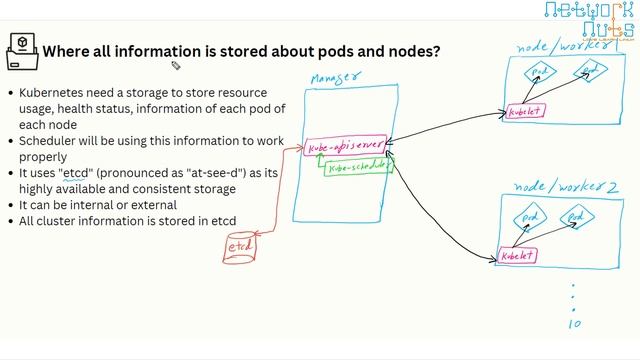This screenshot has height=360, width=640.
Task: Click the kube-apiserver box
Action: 344,147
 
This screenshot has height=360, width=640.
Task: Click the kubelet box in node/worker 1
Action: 526,111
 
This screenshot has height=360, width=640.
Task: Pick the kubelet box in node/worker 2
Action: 517,256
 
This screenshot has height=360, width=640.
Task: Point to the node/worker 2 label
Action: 565,188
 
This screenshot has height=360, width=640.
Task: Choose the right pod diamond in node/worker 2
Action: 576,215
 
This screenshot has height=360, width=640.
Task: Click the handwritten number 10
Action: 574,323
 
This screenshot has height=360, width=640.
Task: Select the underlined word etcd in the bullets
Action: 76,172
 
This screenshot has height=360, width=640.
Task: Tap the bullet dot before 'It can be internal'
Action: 10,204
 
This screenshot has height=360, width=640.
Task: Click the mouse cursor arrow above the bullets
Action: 175,67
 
